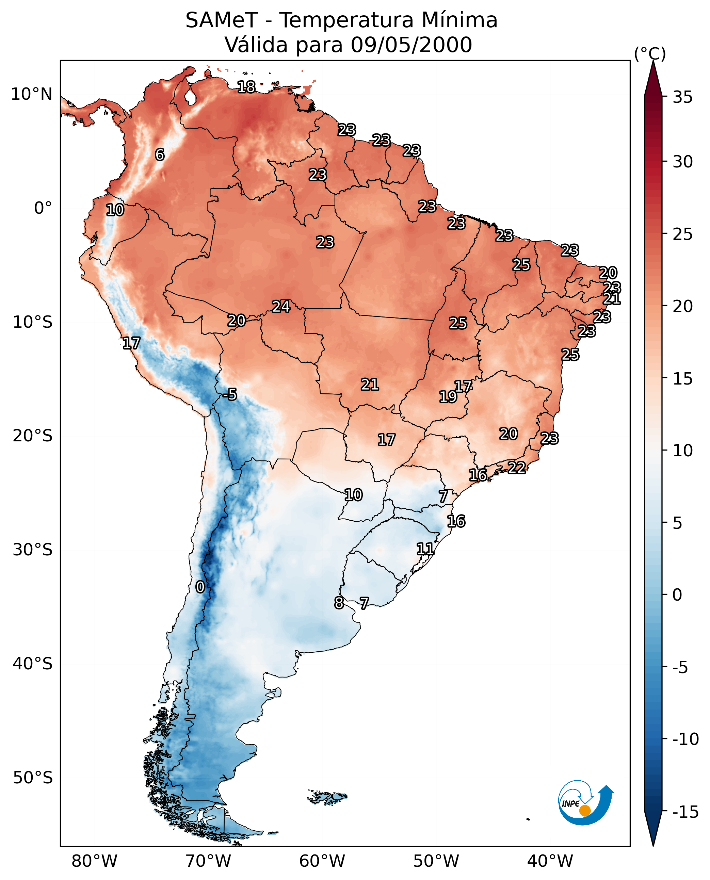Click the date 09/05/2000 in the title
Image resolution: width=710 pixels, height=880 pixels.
click(x=411, y=45)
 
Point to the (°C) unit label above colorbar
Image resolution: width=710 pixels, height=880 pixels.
click(x=650, y=53)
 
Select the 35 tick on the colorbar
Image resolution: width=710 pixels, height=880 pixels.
click(x=682, y=97)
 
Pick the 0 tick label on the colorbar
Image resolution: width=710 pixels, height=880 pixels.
click(x=677, y=595)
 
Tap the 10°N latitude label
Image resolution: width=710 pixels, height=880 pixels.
click(x=32, y=95)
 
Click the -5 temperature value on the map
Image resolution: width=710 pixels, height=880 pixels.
click(x=230, y=394)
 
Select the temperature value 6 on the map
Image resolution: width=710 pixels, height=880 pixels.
click(x=160, y=154)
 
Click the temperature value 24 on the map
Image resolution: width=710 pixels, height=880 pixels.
click(x=281, y=306)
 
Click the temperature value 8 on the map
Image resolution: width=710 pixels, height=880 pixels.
click(x=339, y=603)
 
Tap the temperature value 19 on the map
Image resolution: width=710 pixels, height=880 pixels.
click(x=448, y=397)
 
